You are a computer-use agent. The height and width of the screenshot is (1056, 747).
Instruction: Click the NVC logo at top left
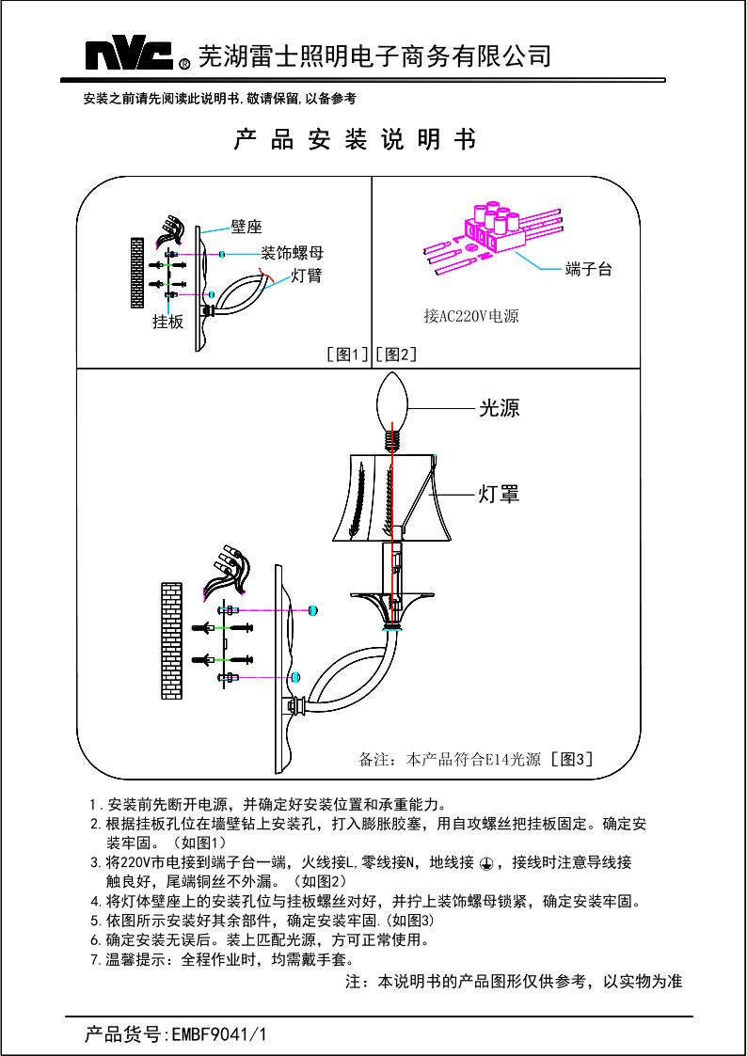click(x=131, y=56)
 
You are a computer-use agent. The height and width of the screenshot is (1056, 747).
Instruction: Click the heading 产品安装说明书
click(x=355, y=140)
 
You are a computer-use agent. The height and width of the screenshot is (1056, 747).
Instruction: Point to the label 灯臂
click(x=309, y=276)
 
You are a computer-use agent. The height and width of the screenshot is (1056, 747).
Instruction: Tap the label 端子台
click(x=588, y=270)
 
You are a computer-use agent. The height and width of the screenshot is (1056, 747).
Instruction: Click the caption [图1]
click(x=346, y=355)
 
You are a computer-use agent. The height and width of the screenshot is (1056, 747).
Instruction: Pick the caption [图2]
click(x=396, y=355)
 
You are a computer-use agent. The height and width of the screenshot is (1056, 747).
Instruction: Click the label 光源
click(x=499, y=408)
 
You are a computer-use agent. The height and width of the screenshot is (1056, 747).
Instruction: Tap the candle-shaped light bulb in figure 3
click(x=395, y=404)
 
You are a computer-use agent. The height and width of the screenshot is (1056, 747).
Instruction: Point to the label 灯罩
click(x=499, y=494)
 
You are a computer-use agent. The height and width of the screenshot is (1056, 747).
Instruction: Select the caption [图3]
click(x=572, y=759)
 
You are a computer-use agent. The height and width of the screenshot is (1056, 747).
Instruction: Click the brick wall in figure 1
click(x=137, y=272)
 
